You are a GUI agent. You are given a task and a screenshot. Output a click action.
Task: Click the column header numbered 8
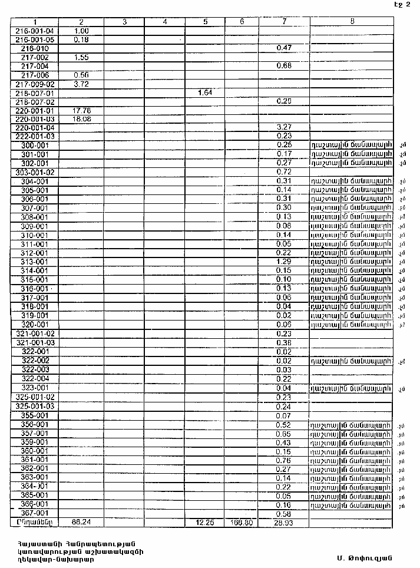[352, 22]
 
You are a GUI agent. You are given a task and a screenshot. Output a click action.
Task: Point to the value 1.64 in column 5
[205, 93]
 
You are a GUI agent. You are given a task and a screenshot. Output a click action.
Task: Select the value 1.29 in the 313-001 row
[285, 262]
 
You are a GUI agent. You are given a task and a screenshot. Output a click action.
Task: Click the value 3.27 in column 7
[285, 127]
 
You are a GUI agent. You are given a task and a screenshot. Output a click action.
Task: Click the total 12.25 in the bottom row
[205, 523]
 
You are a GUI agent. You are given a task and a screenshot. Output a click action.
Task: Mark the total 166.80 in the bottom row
[242, 523]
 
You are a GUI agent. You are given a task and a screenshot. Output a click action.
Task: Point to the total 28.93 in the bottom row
[285, 523]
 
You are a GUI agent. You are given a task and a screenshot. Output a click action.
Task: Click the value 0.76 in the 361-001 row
[285, 460]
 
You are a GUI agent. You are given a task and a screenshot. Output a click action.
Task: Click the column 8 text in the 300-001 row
[351, 145]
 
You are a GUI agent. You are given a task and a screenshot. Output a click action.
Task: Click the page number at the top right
[402, 5]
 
